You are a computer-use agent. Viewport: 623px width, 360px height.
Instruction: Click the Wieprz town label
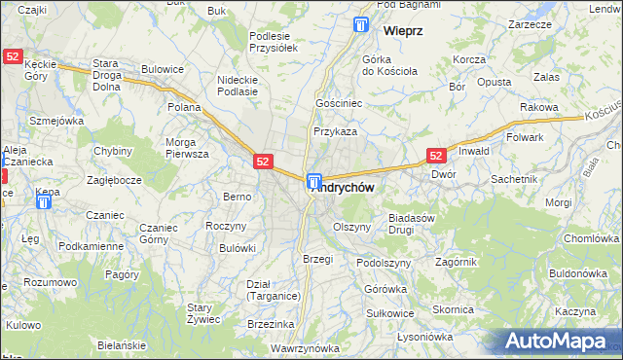402,31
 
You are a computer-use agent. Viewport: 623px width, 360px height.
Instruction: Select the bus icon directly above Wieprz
362,25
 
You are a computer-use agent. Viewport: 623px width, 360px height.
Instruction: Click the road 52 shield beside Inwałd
436,155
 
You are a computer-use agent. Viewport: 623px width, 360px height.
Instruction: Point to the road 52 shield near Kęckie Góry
13,57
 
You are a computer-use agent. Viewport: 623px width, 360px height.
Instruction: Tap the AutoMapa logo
560,341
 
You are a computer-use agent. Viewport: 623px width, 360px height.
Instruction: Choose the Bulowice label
162,70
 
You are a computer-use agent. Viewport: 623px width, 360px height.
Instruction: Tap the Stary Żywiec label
205,312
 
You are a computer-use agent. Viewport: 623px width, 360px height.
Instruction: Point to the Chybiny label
113,151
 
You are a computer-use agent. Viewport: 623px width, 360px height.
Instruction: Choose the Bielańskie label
122,346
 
